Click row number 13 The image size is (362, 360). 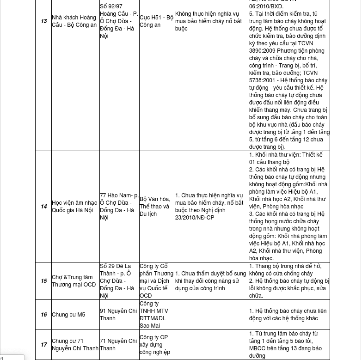click(x=44, y=21)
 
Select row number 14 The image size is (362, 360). click(x=44, y=207)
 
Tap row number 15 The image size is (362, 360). click(x=44, y=281)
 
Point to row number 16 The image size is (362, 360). click(x=44, y=315)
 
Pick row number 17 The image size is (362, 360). click(x=44, y=345)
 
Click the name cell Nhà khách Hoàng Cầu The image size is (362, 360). click(x=74, y=21)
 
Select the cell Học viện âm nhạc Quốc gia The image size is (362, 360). click(x=74, y=207)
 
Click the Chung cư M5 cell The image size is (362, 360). click(x=68, y=315)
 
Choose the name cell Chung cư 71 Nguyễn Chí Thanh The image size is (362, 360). click(x=75, y=345)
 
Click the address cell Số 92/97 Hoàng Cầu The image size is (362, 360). click(x=119, y=21)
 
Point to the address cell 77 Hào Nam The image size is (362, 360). click(x=119, y=206)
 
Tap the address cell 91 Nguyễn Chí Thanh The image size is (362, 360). click(x=118, y=315)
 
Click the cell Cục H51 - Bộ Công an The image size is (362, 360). click(x=156, y=21)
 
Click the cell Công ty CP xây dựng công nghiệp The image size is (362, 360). click(x=154, y=345)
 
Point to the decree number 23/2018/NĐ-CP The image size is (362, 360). click(x=195, y=218)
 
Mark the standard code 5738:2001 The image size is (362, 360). click(x=260, y=80)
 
